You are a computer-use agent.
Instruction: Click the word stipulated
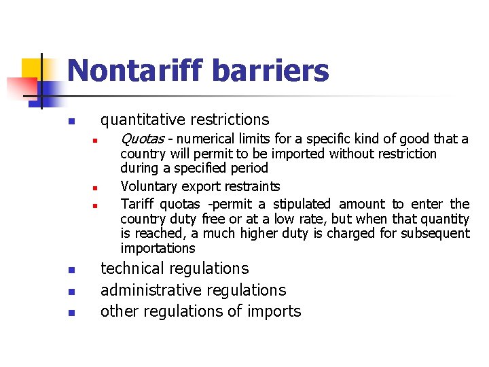tap(302, 204)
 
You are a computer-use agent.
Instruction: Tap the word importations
tap(158, 248)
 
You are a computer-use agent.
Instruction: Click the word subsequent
tap(439, 233)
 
